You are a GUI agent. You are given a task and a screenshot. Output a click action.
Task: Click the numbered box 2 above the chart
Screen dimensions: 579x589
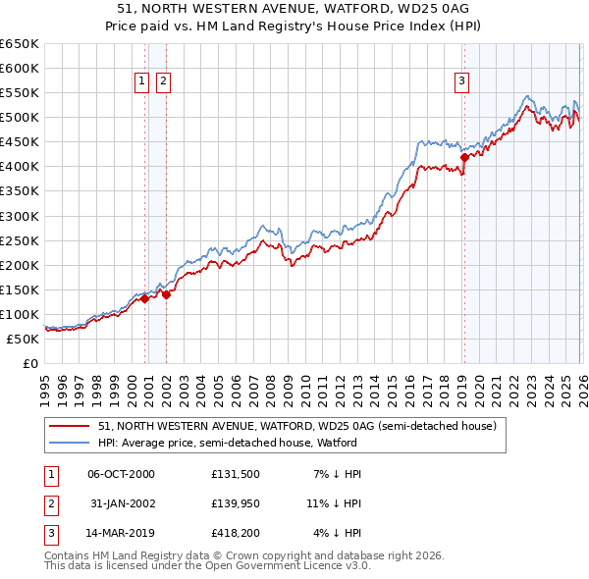pos(163,82)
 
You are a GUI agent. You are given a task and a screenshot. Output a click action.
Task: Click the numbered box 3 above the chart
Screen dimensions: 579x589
pos(461,82)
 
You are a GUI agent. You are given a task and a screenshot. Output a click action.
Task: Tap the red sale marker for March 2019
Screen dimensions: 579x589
pos(464,156)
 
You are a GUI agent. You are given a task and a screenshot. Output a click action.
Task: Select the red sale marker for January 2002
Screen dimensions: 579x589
pos(167,293)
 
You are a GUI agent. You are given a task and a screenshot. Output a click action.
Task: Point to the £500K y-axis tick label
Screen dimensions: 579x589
pos(19,118)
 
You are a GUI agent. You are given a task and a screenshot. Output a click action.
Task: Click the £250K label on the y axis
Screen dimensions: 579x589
pos(19,240)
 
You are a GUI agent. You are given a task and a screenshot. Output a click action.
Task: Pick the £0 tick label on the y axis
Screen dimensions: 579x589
pos(30,363)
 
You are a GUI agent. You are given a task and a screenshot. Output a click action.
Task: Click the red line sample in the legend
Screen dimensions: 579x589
pos(69,426)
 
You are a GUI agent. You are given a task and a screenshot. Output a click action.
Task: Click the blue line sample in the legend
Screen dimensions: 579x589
pos(69,443)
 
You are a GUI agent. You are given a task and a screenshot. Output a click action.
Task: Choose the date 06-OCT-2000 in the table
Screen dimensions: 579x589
pos(121,474)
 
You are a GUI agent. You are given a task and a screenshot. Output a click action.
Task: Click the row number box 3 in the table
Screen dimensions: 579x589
pos(49,533)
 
